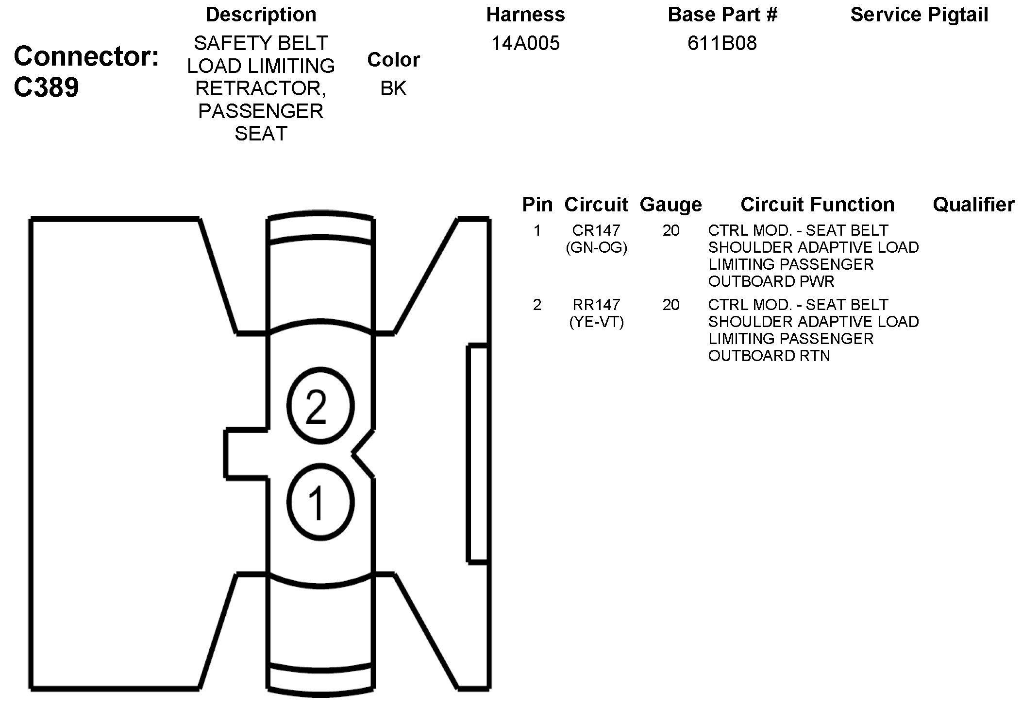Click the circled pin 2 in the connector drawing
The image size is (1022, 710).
(x=320, y=405)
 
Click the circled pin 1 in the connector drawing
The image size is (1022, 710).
(x=320, y=502)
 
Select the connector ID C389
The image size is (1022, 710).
(x=46, y=87)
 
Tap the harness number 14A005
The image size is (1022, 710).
(x=525, y=43)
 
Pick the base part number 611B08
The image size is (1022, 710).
(x=722, y=43)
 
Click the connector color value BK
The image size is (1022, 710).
(x=393, y=88)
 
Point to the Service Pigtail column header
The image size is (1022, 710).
(x=919, y=15)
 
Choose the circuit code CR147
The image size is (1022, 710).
(x=596, y=230)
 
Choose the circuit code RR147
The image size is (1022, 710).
(x=596, y=305)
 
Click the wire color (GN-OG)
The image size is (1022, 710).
(x=596, y=248)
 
